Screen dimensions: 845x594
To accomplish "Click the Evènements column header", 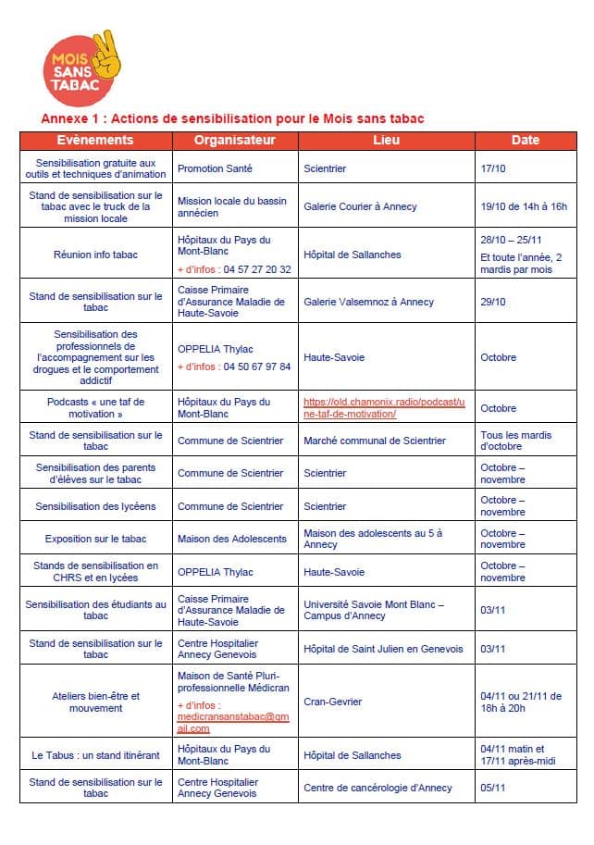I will pyautogui.click(x=95, y=141).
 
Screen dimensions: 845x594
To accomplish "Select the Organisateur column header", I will pyautogui.click(x=235, y=141).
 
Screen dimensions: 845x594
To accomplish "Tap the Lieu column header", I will pyautogui.click(x=386, y=141).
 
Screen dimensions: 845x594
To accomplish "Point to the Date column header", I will pyautogui.click(x=525, y=141).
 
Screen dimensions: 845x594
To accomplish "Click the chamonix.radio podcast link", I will pyautogui.click(x=386, y=408).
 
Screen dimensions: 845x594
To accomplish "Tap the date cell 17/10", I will pyautogui.click(x=493, y=169).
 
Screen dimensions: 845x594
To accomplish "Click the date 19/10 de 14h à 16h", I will pyautogui.click(x=524, y=206).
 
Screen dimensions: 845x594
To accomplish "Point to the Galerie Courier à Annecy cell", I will pyautogui.click(x=360, y=206).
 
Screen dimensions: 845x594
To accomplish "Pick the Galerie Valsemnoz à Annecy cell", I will pyautogui.click(x=368, y=302).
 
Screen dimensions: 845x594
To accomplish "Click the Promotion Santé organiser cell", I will pyautogui.click(x=215, y=169).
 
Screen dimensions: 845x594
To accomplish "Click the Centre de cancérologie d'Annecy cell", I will pyautogui.click(x=377, y=789).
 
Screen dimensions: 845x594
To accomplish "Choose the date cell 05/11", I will pyautogui.click(x=493, y=789).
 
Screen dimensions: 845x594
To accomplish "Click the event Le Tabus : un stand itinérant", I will pyautogui.click(x=95, y=755).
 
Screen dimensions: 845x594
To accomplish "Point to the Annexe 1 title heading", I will pyautogui.click(x=232, y=118).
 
